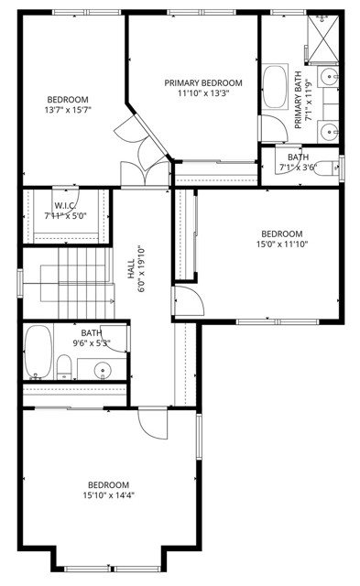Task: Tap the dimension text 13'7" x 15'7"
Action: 68,110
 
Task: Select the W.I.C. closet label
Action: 64,206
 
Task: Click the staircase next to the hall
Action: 69,282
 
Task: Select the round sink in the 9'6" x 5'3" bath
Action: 102,371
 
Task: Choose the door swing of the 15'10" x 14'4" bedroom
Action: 151,423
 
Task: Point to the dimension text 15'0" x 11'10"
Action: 281,244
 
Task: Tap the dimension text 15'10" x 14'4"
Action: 108,496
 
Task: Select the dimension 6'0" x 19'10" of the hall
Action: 141,271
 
